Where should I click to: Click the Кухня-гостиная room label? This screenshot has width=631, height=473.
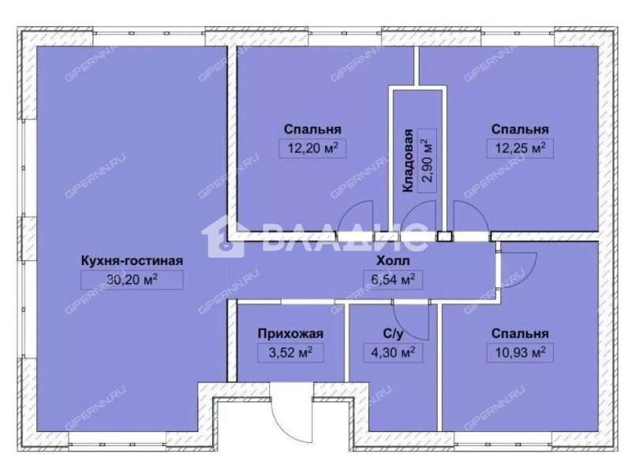coord(132,261)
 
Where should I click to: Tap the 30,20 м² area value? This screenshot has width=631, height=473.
coord(132,280)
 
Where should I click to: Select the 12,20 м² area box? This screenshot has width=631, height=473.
coord(312,148)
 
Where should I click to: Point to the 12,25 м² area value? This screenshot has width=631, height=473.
coord(520,148)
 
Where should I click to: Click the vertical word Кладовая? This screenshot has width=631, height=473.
coord(409,161)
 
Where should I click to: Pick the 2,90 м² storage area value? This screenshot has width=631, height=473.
coord(428,161)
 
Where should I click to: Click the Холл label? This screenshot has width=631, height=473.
coord(393,261)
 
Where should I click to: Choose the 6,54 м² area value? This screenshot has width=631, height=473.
coord(393,280)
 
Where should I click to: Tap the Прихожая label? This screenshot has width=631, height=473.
coord(290,333)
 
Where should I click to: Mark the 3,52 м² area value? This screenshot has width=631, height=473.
coord(290,352)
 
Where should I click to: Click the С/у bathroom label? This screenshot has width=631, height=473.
coord(393,333)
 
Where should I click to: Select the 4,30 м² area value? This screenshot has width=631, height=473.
coord(393,352)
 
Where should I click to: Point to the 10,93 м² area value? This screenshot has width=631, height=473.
coord(520,352)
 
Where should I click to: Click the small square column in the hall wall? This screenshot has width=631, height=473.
coord(445,236)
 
